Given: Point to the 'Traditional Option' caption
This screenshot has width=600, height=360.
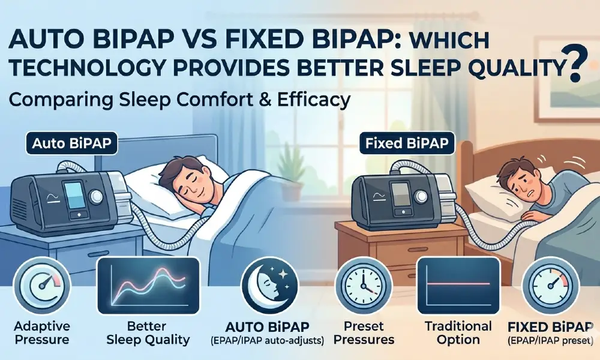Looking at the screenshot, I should coord(458,333).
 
